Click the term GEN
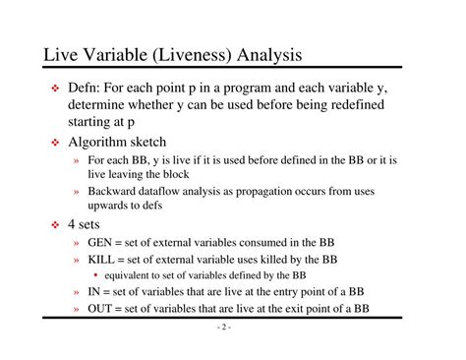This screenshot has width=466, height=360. [x=102, y=243]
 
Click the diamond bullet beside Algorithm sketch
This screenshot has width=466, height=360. [x=55, y=143]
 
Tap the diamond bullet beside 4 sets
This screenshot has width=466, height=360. [x=55, y=225]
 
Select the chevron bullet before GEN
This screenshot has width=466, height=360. [x=76, y=244]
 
